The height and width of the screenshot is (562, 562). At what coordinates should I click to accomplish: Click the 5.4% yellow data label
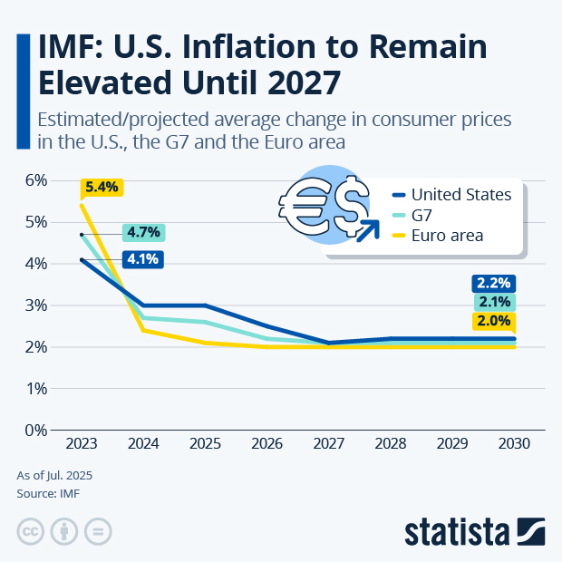pyautogui.click(x=101, y=188)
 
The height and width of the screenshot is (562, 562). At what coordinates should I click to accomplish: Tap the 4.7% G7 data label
pyautogui.click(x=143, y=232)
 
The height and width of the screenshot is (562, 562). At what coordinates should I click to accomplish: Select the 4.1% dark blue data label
pyautogui.click(x=143, y=259)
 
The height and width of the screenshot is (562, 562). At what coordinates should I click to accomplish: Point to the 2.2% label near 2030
pyautogui.click(x=493, y=283)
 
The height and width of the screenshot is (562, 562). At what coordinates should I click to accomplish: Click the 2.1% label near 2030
pyautogui.click(x=493, y=302)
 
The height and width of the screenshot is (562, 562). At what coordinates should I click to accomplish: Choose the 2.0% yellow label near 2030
pyautogui.click(x=493, y=321)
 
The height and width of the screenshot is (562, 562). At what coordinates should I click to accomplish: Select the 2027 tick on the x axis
pyautogui.click(x=329, y=445)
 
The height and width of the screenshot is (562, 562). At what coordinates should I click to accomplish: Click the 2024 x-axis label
pyautogui.click(x=143, y=445)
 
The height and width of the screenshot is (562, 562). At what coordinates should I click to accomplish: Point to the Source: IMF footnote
pyautogui.click(x=46, y=494)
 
